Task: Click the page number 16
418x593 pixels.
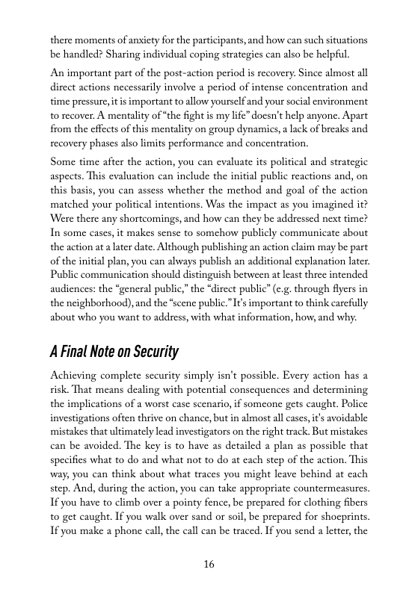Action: coord(209,565)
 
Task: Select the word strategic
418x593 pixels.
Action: coord(342,161)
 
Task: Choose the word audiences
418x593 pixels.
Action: coord(75,288)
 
